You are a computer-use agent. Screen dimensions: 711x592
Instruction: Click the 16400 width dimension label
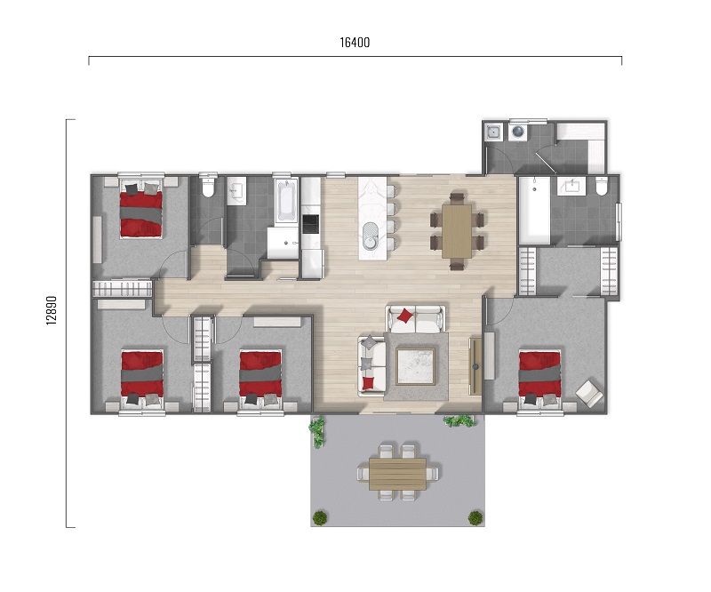pos(355,43)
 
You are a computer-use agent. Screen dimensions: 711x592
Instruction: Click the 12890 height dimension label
pos(52,310)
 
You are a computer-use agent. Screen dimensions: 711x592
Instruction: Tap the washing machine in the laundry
pos(518,132)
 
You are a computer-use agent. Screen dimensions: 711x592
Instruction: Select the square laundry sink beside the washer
pos(493,132)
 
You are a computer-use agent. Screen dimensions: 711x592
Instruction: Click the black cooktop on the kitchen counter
pos(310,223)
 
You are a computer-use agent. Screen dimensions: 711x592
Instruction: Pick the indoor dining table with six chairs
pos(457,231)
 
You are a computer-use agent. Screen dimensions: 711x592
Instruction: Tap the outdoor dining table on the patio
pos(397,474)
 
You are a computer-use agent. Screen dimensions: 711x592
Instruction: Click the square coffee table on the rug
pos(415,366)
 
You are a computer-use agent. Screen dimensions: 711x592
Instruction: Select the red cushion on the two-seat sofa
pos(404,316)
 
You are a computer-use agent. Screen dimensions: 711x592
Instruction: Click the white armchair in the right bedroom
pos(589,393)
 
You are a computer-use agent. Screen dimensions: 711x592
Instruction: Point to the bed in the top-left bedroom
pos(140,208)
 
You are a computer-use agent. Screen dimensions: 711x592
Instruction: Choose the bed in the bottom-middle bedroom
pos(260,377)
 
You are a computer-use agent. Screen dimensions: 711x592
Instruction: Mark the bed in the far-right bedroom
pos(539,377)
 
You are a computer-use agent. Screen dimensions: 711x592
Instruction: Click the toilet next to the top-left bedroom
pos(208,187)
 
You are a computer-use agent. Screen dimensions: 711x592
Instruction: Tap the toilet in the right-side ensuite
pos(602,187)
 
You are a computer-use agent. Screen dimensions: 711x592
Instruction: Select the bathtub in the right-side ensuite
pos(534,210)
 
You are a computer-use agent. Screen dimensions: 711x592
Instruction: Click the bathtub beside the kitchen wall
pos(286,201)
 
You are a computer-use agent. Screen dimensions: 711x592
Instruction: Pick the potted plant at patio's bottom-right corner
pos(475,517)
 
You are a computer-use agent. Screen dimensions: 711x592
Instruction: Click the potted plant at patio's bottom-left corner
pos(320,517)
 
